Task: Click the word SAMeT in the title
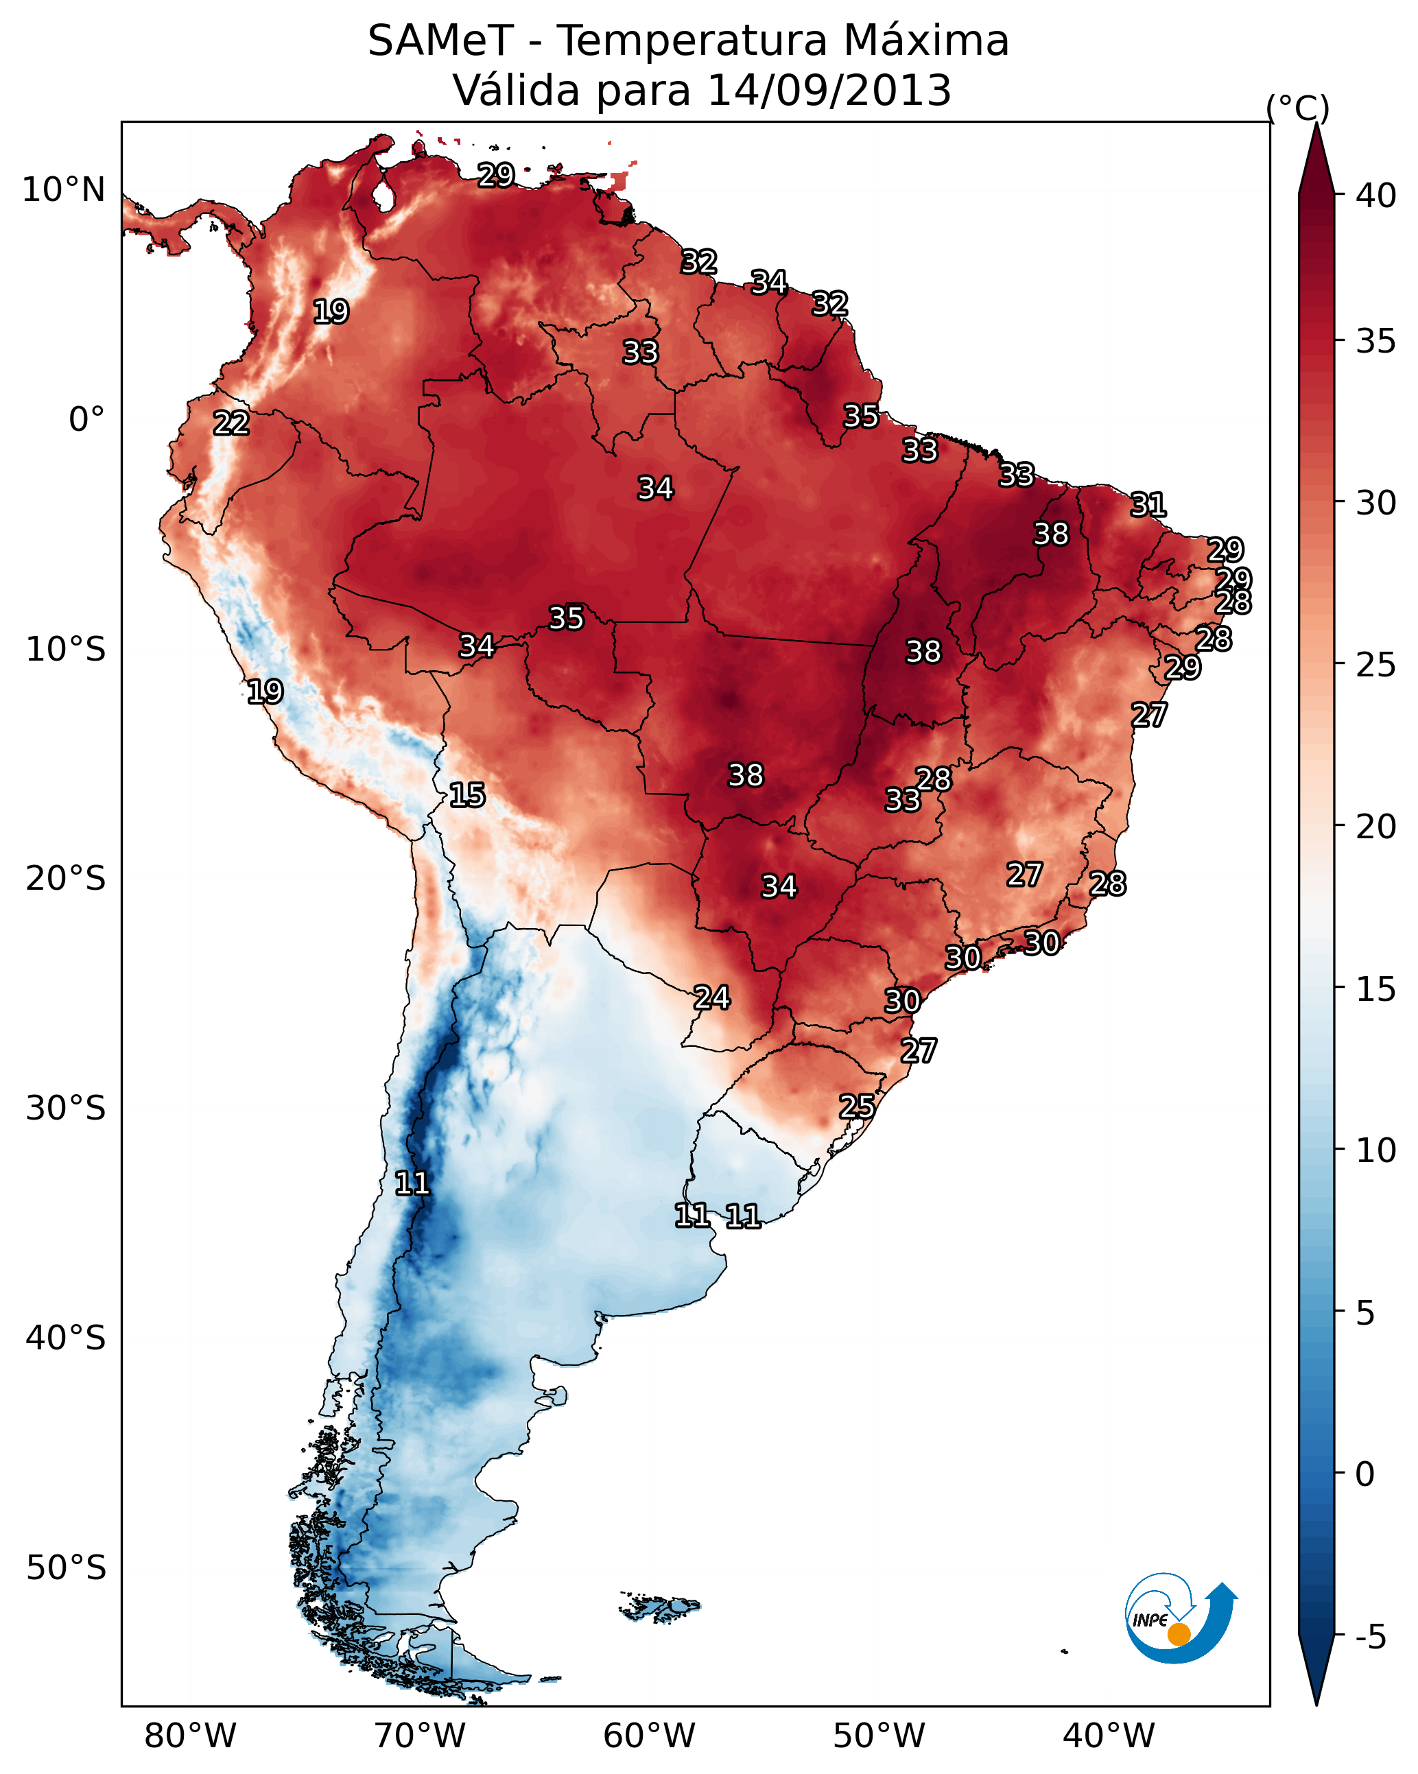[440, 41]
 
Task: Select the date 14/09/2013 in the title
[829, 91]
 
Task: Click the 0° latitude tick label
[86, 420]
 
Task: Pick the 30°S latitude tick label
[66, 1109]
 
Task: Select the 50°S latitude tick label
[66, 1568]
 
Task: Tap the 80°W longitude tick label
[190, 1736]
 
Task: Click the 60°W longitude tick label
[650, 1736]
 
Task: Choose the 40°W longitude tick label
[1109, 1736]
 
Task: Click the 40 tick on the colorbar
[1376, 196]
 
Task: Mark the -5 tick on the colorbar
[1370, 1637]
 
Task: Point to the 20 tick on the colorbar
[1376, 826]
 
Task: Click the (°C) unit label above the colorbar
[1298, 108]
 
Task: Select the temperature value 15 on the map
[466, 795]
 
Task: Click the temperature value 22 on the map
[231, 423]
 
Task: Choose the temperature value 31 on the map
[1148, 504]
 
